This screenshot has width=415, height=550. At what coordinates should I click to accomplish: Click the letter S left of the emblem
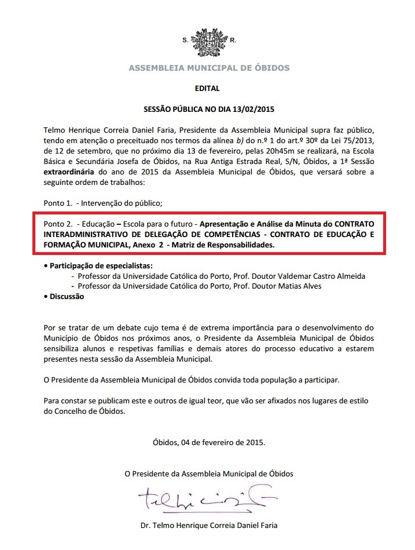[x=185, y=41]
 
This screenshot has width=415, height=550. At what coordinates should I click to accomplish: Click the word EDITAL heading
[x=208, y=89]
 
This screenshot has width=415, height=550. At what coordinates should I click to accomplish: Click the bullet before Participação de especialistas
[x=46, y=266]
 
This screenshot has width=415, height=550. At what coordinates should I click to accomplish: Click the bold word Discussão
[x=67, y=296]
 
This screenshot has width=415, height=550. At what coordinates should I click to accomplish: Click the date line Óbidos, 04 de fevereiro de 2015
[x=208, y=442]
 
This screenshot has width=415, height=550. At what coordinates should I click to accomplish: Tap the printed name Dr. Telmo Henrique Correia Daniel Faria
[x=208, y=526]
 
